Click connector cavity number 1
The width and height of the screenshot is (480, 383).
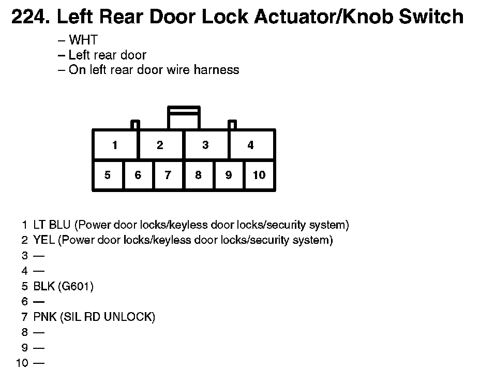point(115,145)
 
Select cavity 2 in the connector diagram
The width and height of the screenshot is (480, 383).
point(160,145)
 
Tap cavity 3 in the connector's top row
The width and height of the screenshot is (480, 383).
point(205,145)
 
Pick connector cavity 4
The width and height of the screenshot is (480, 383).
point(251,145)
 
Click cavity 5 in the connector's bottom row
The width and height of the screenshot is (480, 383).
point(108,175)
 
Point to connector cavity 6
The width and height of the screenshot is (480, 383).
point(138,175)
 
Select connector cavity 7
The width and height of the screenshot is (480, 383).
point(168,175)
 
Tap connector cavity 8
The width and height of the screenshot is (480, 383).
point(198,175)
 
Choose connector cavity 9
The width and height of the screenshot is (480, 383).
point(229,175)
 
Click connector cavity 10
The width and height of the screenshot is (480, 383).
point(259,175)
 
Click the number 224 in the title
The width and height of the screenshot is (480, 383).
point(29,17)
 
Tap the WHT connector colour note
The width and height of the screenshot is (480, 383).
point(83,40)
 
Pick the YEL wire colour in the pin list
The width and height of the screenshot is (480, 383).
point(44,240)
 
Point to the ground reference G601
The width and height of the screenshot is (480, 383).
point(78,286)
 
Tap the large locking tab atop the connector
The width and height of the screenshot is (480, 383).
point(184,117)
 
